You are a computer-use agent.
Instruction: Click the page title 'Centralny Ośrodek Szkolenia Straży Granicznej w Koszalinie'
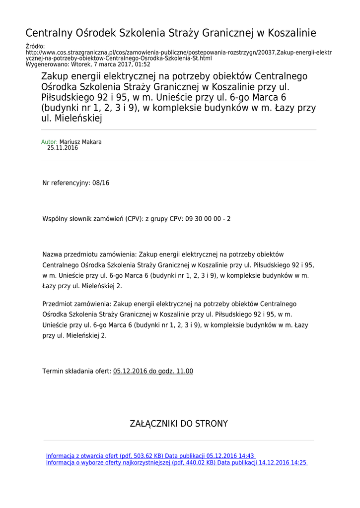[x=170, y=33]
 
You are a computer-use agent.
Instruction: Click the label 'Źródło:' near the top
[x=35, y=46]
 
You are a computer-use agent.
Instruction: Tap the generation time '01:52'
[x=143, y=64]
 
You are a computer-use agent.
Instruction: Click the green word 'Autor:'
[x=49, y=142]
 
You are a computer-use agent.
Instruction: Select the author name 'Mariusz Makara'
[x=80, y=142]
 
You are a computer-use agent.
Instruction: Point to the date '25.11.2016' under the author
[x=63, y=148]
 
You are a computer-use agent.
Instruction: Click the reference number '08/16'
[x=101, y=183]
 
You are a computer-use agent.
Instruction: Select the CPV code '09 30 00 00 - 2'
[x=208, y=219]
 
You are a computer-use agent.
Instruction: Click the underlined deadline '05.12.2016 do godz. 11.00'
[x=153, y=371]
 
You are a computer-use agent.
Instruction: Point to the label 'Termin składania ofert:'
[x=77, y=371]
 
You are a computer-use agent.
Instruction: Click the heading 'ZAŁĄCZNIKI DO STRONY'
[x=179, y=424]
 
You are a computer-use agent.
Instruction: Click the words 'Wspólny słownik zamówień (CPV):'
[x=93, y=219]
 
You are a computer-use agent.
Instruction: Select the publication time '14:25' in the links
[x=299, y=462]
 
